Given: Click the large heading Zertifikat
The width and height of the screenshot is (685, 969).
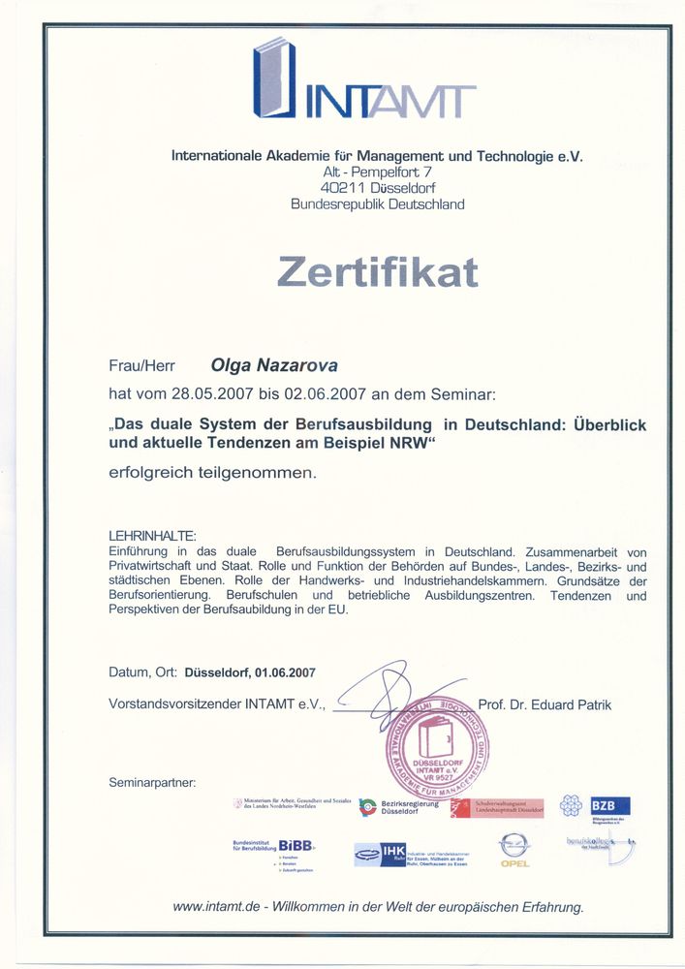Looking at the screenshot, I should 378,271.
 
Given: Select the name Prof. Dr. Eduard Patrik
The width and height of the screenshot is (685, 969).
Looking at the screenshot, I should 545,704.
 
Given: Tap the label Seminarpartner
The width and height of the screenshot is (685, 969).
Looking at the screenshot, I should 152,781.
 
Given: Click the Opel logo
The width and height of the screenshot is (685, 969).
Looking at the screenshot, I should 514,851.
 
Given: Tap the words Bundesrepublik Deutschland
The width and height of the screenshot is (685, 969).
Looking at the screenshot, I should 378,204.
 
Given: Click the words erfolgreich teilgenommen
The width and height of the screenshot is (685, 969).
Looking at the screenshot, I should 212,474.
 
